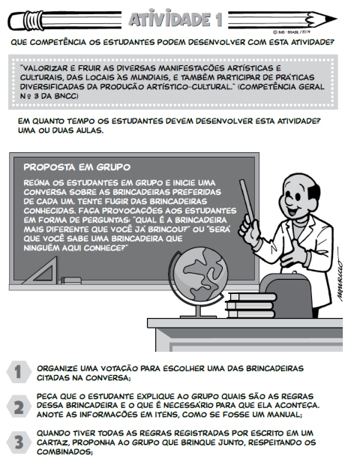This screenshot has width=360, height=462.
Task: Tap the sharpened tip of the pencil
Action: coord(347,16)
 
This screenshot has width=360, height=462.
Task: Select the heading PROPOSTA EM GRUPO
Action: coord(77,166)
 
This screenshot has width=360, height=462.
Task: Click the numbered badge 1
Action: coord(17,372)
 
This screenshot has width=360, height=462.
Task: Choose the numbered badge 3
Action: coord(17,442)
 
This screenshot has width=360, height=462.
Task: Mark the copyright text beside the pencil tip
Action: coord(298,31)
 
